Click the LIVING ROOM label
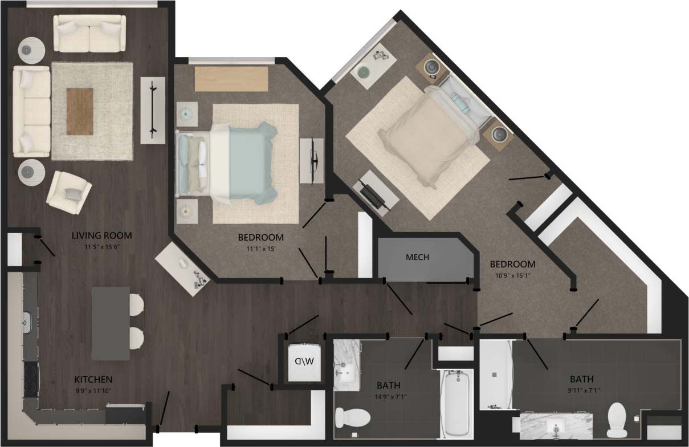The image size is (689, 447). pos(102,235)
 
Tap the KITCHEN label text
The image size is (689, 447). pos(93,379)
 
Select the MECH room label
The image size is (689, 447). pos(417,257)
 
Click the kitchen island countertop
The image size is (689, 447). pos(111,323)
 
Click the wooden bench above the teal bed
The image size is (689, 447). pos(231,79)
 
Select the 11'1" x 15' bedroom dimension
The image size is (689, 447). pos(260,249)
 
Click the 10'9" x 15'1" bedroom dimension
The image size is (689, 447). pos(512,276)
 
